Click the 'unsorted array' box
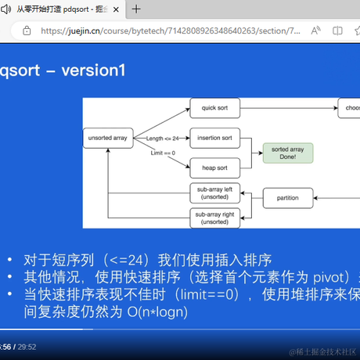107,138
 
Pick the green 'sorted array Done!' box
287,152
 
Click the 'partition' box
288,198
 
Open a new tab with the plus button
135,9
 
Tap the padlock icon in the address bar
27,31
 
